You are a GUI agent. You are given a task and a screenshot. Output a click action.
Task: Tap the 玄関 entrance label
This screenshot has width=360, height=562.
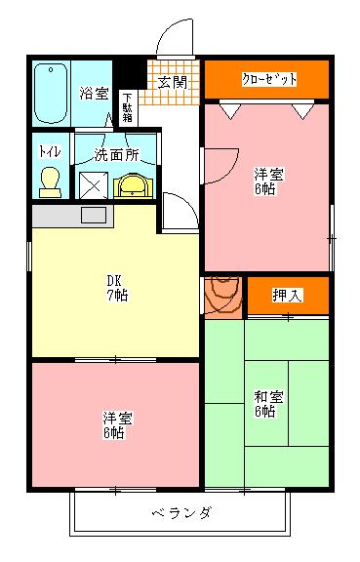tap(173, 80)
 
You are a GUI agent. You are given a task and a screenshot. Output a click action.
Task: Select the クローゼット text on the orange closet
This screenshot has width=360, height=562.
tap(268, 79)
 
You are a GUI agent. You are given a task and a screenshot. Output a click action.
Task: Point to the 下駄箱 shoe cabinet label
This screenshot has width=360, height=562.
tap(128, 105)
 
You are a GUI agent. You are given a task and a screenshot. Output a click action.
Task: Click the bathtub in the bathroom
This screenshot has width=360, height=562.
tap(50, 94)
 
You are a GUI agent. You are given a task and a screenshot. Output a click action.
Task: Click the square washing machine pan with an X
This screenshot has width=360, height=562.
tap(95, 184)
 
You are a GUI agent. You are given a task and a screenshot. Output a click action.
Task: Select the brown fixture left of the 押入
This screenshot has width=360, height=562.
tap(223, 295)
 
